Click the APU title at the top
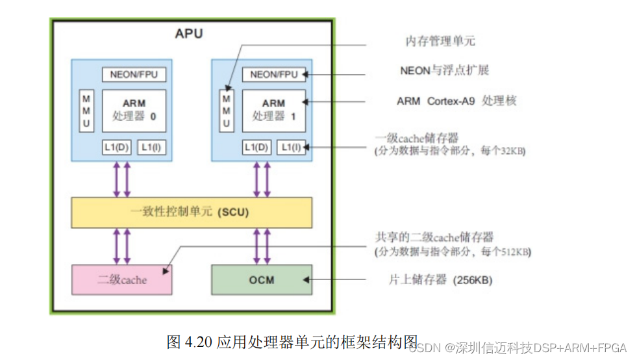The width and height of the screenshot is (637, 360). [x=188, y=34]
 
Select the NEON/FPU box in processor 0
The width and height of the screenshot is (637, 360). [x=134, y=74]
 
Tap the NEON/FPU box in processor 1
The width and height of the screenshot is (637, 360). [x=274, y=74]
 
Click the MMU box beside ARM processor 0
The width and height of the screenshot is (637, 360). [x=86, y=111]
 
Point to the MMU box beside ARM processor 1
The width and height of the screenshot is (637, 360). [x=226, y=111]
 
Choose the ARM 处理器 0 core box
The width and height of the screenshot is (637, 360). [x=134, y=110]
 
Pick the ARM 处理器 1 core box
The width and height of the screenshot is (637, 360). [x=273, y=110]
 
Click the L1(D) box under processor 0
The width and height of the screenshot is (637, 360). [x=117, y=148]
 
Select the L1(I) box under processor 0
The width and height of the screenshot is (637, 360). [x=151, y=148]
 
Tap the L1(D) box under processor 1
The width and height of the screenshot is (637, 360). [x=257, y=148]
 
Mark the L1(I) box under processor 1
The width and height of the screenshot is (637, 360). [x=292, y=148]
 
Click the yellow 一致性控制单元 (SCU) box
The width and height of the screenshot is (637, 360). [x=191, y=212]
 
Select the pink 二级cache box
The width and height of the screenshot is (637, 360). [x=122, y=280]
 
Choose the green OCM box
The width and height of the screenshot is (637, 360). [x=262, y=280]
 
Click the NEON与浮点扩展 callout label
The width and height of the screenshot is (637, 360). [x=443, y=70]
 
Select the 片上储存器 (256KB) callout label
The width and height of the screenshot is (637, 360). [x=440, y=280]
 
